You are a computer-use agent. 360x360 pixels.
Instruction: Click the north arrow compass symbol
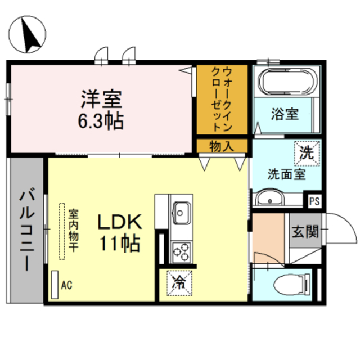(x=28, y=34)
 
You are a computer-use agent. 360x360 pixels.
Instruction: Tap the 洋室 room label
(x=101, y=100)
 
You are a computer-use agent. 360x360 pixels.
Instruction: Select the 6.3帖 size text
(x=101, y=121)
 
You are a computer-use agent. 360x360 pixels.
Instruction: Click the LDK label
(x=120, y=222)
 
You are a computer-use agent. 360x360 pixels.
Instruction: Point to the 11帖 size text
(x=120, y=243)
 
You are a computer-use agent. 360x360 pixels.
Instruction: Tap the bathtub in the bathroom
(x=287, y=82)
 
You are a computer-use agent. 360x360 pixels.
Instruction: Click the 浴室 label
(x=285, y=114)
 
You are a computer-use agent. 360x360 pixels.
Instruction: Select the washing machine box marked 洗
(x=307, y=153)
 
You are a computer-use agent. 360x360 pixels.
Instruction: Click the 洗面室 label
(x=286, y=174)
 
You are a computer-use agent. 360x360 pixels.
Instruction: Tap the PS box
(x=314, y=201)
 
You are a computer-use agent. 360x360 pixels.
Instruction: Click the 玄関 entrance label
(x=305, y=231)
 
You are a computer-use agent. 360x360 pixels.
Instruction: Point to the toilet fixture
(x=292, y=285)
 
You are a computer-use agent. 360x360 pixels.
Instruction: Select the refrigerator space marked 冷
(x=179, y=283)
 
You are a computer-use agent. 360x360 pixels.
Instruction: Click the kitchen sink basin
(x=181, y=213)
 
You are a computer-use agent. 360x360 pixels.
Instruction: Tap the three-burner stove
(x=181, y=253)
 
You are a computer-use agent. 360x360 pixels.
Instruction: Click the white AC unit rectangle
(x=55, y=285)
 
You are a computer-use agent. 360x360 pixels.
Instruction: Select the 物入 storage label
(x=222, y=146)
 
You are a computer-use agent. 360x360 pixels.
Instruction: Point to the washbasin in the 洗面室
(x=269, y=198)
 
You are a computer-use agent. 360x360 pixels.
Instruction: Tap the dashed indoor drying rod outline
(x=62, y=231)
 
